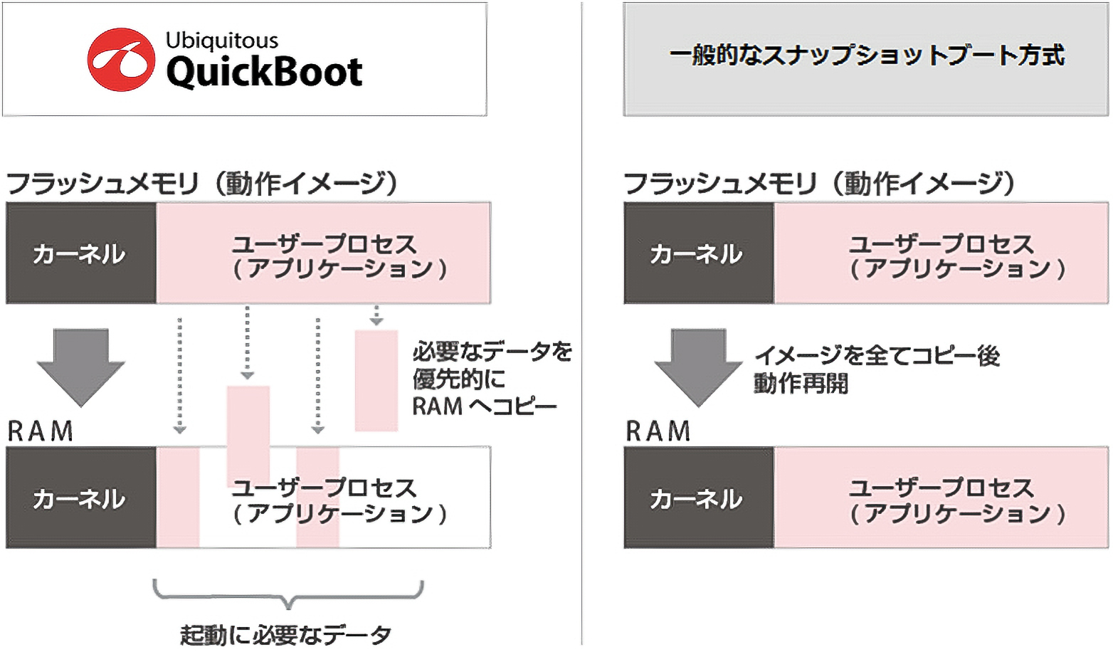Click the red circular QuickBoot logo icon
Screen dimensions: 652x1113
pyautogui.click(x=121, y=60)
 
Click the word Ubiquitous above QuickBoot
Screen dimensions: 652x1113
pyautogui.click(x=221, y=41)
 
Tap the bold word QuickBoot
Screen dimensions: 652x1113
pyautogui.click(x=264, y=72)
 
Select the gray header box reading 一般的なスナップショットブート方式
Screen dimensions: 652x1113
pyautogui.click(x=865, y=58)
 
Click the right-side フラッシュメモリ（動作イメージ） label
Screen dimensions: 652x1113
pyautogui.click(x=819, y=184)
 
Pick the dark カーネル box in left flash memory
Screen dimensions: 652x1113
pyautogui.click(x=80, y=253)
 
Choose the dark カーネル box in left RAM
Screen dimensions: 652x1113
pyautogui.click(x=80, y=498)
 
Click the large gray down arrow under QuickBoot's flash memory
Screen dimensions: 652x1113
pyautogui.click(x=81, y=366)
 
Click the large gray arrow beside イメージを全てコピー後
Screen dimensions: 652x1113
pyautogui.click(x=698, y=366)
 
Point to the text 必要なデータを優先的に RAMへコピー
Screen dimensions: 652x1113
pyautogui.click(x=491, y=378)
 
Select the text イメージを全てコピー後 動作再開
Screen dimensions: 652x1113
pyautogui.click(x=876, y=369)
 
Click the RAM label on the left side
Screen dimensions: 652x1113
pyautogui.click(x=41, y=431)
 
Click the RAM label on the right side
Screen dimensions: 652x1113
pyautogui.click(x=658, y=431)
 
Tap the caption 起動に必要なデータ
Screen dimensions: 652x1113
pyautogui.click(x=285, y=634)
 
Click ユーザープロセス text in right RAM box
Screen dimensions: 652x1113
pyautogui.click(x=941, y=488)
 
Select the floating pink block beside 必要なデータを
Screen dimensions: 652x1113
pyautogui.click(x=376, y=380)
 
